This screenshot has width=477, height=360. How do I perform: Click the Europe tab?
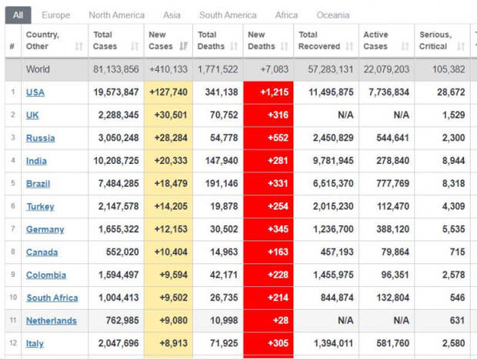[x=55, y=15]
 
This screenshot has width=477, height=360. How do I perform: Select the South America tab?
[x=228, y=15]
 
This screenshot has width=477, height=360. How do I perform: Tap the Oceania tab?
[x=333, y=15]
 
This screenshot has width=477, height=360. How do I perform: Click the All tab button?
[x=18, y=15]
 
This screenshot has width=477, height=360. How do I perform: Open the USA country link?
[x=35, y=92]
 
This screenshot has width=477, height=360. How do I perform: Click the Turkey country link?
[x=40, y=207]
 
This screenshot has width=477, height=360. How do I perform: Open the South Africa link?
[x=52, y=298]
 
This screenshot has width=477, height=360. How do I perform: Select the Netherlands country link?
[x=52, y=321]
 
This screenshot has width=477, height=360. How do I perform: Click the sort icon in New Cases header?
[x=183, y=46]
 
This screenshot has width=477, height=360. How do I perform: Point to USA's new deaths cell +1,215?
[x=275, y=92]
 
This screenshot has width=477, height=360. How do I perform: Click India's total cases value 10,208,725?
[x=116, y=161]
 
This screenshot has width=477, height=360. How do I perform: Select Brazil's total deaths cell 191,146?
[x=222, y=183]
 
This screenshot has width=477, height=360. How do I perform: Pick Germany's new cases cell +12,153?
[x=171, y=229]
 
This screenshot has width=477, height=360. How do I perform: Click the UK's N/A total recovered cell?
[x=345, y=115]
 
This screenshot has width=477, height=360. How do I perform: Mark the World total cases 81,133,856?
[x=116, y=69]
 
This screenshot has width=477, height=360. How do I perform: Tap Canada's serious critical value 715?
[x=457, y=252]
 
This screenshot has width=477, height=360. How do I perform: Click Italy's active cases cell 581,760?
[x=392, y=343]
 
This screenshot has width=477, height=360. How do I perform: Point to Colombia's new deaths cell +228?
[x=278, y=275]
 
